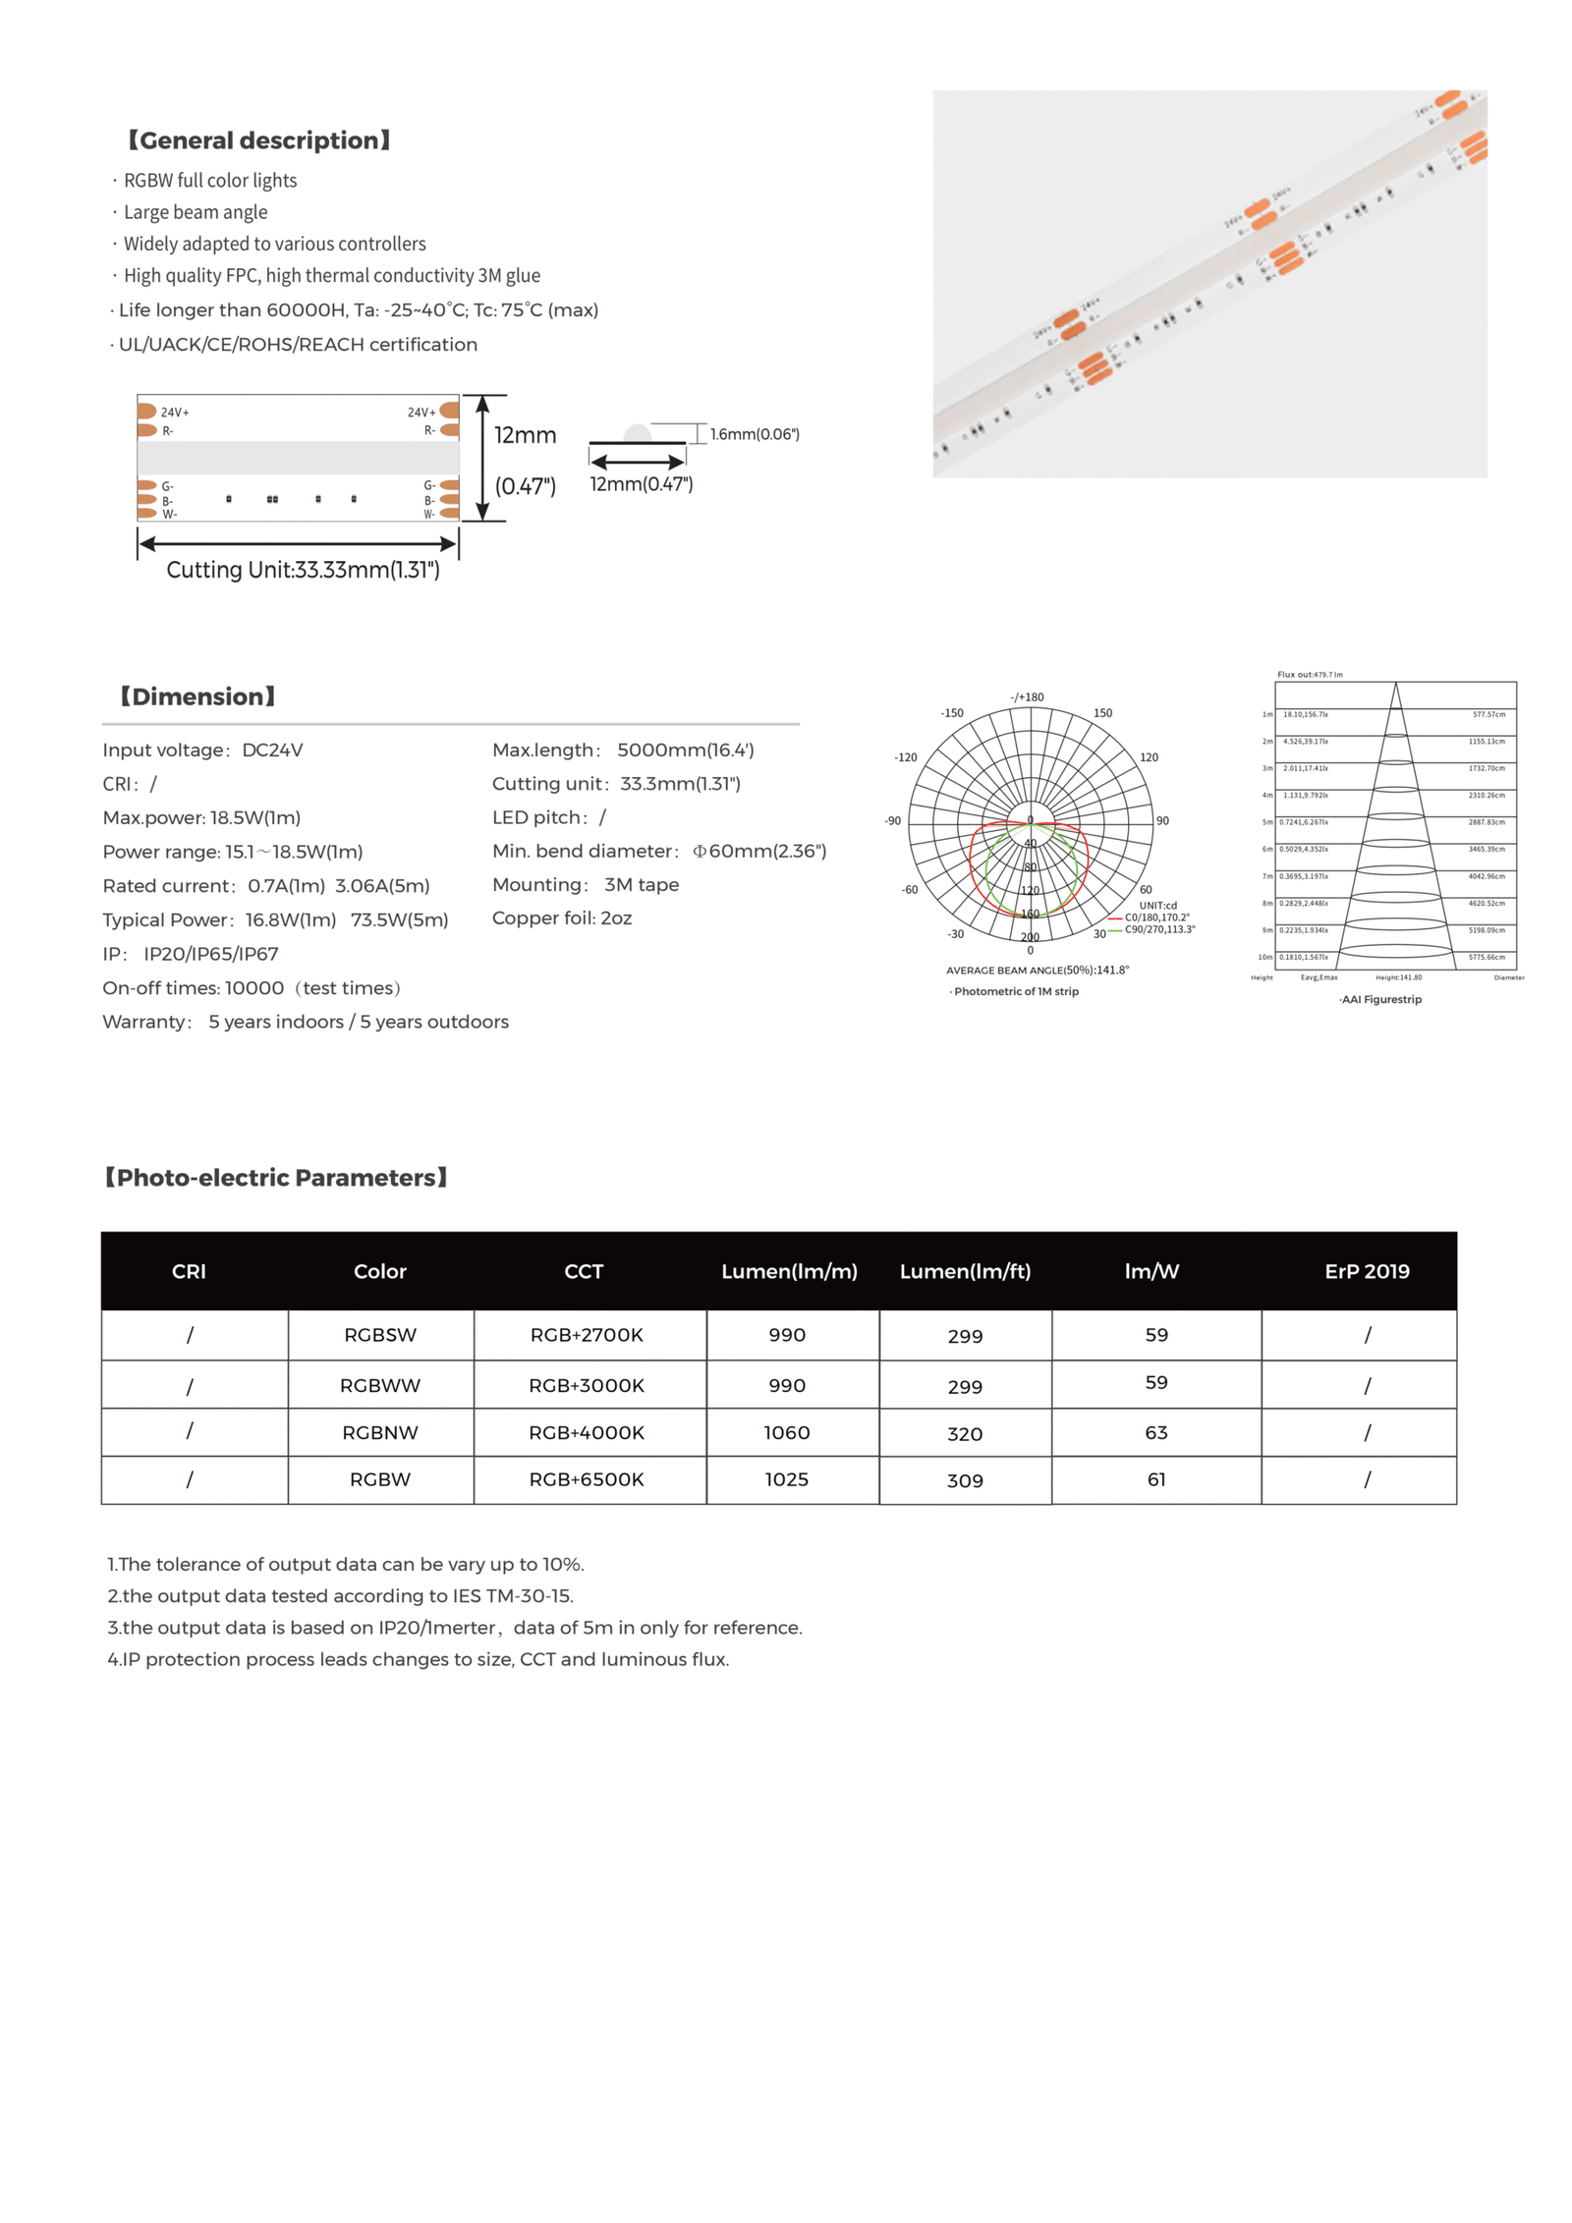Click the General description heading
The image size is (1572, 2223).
259,140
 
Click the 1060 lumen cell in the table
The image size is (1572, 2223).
786,1432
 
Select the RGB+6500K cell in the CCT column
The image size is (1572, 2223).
587,1479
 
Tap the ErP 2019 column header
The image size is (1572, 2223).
1366,1271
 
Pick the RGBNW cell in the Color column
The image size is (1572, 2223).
380,1432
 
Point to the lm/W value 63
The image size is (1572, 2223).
1155,1432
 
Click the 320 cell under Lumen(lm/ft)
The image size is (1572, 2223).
964,1434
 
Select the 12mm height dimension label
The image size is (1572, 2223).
525,435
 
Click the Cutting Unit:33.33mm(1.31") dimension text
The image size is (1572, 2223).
303,570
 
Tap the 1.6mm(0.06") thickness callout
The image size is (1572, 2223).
754,434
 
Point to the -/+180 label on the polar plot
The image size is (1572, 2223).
1027,697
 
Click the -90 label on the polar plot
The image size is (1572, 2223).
892,820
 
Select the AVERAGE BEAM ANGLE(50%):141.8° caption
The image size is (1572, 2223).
1037,970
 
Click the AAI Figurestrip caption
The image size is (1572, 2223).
1379,999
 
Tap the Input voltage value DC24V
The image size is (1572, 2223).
272,750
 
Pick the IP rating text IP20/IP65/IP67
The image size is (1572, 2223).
211,954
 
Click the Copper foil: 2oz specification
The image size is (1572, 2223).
561,918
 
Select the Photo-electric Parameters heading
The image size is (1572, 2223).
276,1178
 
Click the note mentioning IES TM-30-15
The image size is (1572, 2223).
340,1596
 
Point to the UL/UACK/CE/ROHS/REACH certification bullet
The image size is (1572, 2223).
297,345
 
